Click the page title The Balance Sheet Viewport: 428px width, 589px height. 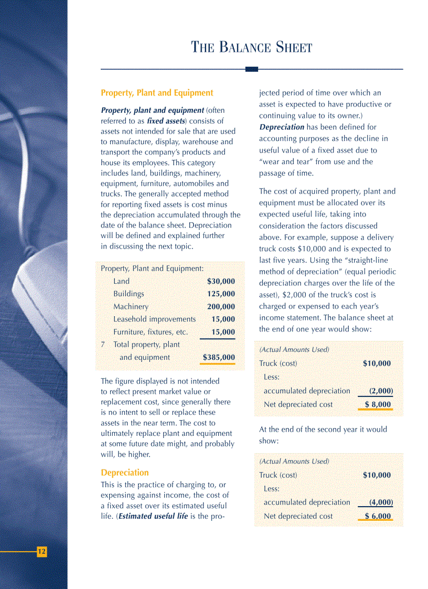pyautogui.click(x=251, y=48)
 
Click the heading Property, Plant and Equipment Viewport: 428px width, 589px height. pyautogui.click(x=157, y=93)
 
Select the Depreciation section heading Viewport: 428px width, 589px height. pyautogui.click(x=124, y=472)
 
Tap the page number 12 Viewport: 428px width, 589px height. pyautogui.click(x=41, y=551)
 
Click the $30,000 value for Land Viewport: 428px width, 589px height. pyautogui.click(x=221, y=282)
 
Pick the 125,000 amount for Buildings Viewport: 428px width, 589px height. pyautogui.click(x=221, y=294)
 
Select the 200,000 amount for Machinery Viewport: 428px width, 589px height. pyautogui.click(x=221, y=307)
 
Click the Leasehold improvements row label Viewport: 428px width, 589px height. pyautogui.click(x=154, y=319)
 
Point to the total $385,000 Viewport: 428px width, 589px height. pyautogui.click(x=219, y=358)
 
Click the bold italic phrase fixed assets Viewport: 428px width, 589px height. pyautogui.click(x=166, y=121)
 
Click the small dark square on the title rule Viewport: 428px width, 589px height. pyautogui.click(x=252, y=69)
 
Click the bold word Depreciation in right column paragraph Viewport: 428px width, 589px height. pyautogui.click(x=282, y=127)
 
